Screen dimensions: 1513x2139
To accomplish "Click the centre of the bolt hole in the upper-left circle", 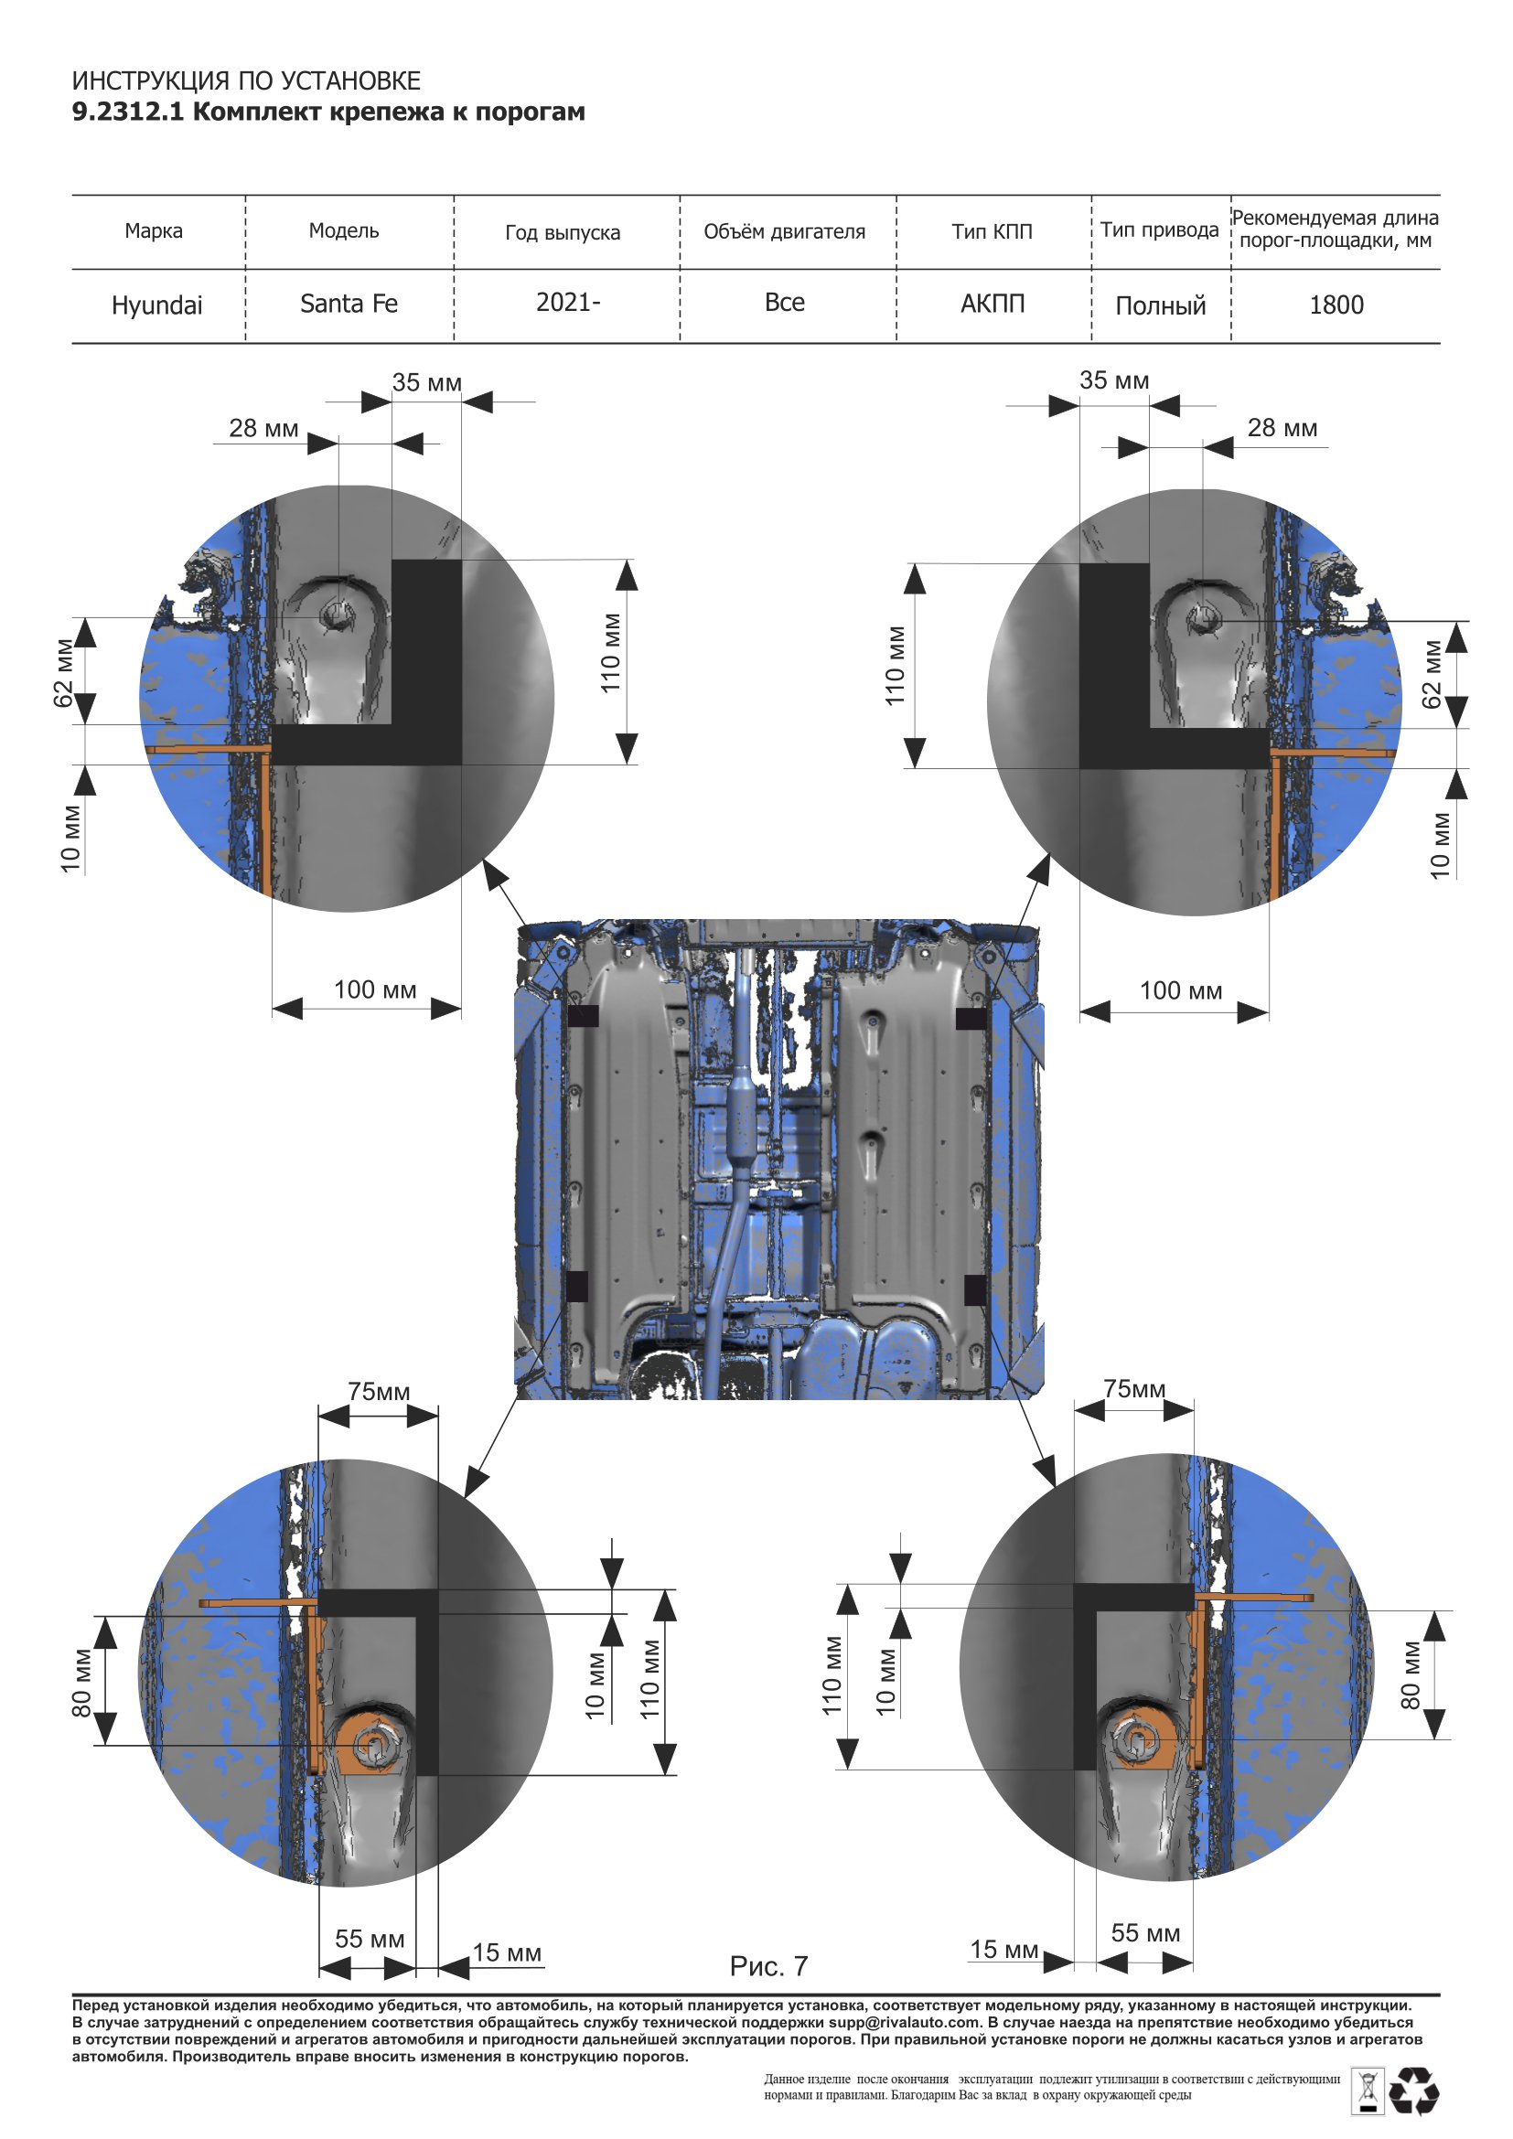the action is point(336,615).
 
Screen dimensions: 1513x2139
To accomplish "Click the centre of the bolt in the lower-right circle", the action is point(1138,1740).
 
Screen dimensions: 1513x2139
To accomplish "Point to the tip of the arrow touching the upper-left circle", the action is point(485,860).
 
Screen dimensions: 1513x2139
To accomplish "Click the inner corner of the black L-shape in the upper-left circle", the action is point(392,725).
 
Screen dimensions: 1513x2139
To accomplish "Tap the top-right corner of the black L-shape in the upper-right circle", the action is point(1149,563).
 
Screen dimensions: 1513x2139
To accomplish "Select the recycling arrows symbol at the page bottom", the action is point(1414,2091).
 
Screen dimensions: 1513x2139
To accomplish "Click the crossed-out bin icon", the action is point(1367,2091).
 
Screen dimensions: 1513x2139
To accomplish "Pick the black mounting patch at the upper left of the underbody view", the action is point(584,1015).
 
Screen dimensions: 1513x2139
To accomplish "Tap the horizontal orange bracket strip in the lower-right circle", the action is point(1253,1597).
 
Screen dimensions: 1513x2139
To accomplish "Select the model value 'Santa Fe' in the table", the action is point(349,304).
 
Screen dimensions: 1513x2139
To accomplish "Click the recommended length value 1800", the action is point(1336,305).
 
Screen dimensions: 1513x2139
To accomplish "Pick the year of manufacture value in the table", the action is point(567,302).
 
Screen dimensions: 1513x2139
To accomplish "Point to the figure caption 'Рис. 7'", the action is point(768,1966).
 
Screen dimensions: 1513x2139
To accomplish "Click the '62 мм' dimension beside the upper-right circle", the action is point(1432,674).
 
